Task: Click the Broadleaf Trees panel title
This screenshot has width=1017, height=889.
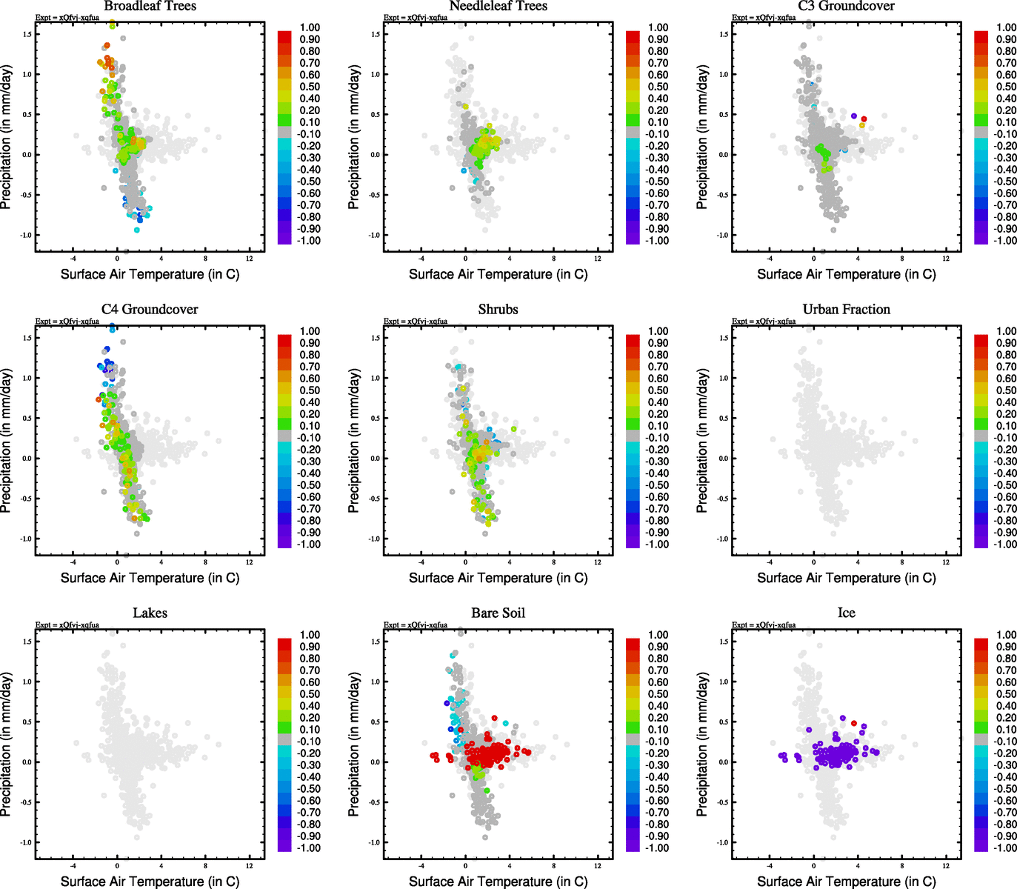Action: tap(150, 6)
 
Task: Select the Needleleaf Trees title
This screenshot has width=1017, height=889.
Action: tap(498, 6)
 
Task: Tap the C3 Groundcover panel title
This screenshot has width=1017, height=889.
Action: tap(846, 6)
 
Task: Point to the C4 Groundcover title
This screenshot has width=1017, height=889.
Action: tap(150, 309)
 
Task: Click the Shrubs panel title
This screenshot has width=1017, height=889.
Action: tap(498, 309)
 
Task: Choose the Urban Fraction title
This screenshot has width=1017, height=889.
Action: tap(846, 309)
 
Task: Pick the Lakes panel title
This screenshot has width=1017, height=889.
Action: tap(150, 613)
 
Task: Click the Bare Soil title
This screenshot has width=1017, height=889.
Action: tap(498, 613)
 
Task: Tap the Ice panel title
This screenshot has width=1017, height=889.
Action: tap(846, 613)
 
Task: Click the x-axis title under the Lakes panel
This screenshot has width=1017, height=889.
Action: tap(150, 881)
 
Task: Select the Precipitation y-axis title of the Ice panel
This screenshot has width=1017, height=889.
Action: tap(702, 745)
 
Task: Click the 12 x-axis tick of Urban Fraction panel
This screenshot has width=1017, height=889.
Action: tap(946, 562)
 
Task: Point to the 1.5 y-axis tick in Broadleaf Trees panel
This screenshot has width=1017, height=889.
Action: tap(27, 34)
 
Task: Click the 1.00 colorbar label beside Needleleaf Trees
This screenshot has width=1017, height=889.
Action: tap(658, 27)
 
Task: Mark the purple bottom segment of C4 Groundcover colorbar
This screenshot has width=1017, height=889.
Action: tap(285, 542)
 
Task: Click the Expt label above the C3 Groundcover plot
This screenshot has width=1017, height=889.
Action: tap(764, 17)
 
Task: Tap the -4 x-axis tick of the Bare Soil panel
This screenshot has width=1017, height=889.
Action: tap(421, 865)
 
